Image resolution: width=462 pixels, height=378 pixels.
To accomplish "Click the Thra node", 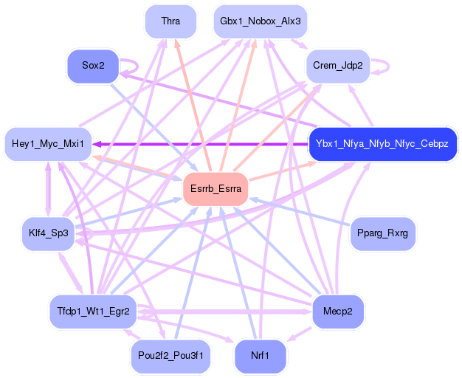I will [x=170, y=21].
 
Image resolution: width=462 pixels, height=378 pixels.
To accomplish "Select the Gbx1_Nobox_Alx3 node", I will [x=260, y=21].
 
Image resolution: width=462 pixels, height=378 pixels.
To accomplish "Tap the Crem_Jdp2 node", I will [x=337, y=65].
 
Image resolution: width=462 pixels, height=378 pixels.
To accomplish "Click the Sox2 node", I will [x=93, y=66].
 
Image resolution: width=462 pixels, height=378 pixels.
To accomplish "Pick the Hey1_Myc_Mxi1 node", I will [x=48, y=142].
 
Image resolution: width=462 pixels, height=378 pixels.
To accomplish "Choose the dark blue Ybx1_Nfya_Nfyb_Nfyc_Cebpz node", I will [x=382, y=142].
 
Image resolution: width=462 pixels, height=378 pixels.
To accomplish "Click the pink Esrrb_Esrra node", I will [x=216, y=189].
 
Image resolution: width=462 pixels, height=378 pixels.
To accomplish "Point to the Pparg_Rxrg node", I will [x=382, y=233].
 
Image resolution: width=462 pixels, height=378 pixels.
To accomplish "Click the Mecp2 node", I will [x=338, y=311].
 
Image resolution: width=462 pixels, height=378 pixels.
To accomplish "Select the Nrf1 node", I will [x=260, y=356].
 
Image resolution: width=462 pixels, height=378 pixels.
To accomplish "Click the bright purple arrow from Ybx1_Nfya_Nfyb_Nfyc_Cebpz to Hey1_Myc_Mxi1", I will [x=199, y=144].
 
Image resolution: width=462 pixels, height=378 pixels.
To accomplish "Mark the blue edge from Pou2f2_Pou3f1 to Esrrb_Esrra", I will [x=193, y=272].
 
